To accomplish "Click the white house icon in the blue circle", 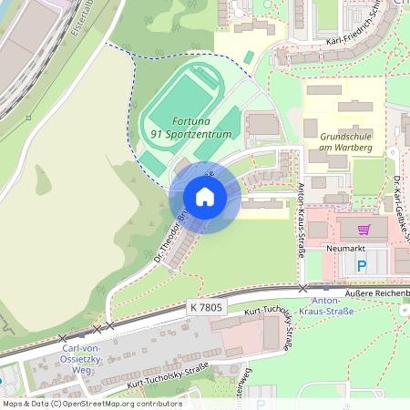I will (x=205, y=197).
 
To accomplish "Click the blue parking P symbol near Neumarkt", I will (x=361, y=267).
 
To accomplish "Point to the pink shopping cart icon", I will (x=364, y=231).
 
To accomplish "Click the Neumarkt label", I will (x=344, y=248).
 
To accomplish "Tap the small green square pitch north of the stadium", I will (x=248, y=57).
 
